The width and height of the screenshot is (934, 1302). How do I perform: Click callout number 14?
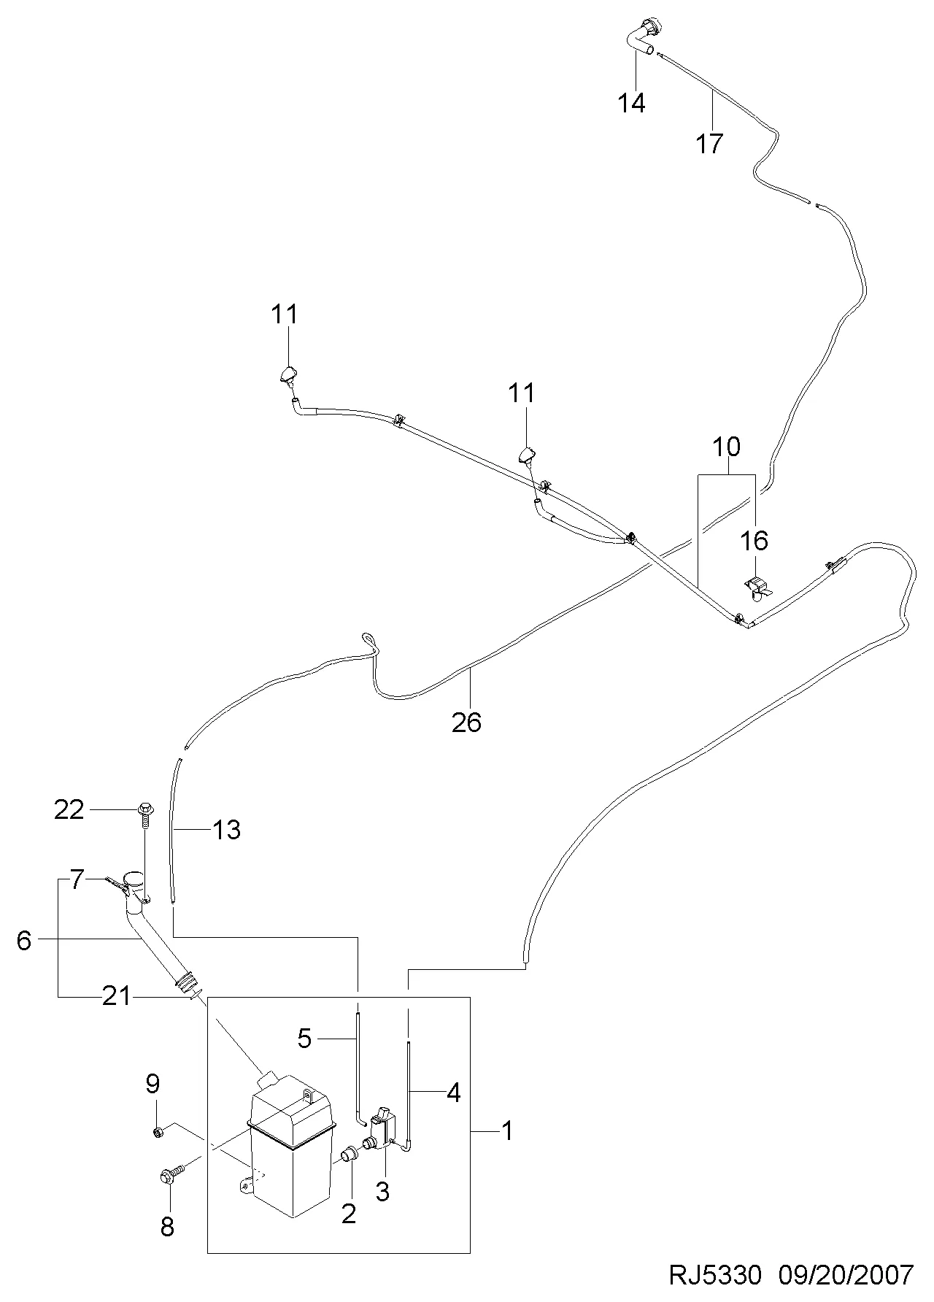[632, 103]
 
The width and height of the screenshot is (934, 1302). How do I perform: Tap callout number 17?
[709, 143]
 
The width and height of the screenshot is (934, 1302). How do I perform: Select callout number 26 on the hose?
[467, 722]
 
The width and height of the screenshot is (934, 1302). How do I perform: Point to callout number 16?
[754, 541]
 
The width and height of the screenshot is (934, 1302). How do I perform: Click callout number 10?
[726, 446]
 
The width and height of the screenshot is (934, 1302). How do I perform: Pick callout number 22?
[69, 809]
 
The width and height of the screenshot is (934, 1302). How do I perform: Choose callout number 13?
[227, 830]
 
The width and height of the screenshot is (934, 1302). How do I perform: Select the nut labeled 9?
[157, 1132]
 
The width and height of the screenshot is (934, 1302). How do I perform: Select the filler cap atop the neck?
[134, 878]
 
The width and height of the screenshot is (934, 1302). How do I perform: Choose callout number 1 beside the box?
[507, 1131]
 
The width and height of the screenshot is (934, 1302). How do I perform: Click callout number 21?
[116, 996]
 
